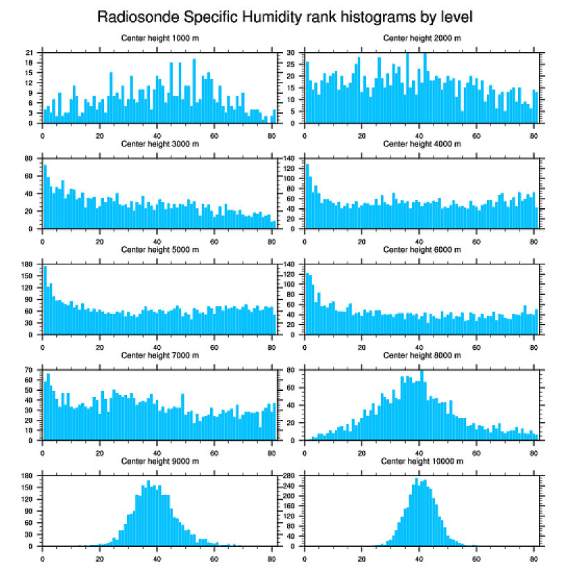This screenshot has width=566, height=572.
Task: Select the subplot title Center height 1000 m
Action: point(160,37)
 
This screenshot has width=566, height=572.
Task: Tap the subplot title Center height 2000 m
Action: point(422,37)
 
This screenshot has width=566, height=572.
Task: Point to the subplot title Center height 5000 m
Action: point(160,250)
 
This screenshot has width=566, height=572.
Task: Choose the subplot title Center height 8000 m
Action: point(422,355)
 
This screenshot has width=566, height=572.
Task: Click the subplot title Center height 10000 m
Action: point(422,461)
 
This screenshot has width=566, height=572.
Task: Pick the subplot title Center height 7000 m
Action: point(160,355)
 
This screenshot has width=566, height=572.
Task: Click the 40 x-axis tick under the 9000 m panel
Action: point(157,557)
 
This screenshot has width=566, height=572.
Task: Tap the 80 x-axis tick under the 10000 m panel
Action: point(533,557)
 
